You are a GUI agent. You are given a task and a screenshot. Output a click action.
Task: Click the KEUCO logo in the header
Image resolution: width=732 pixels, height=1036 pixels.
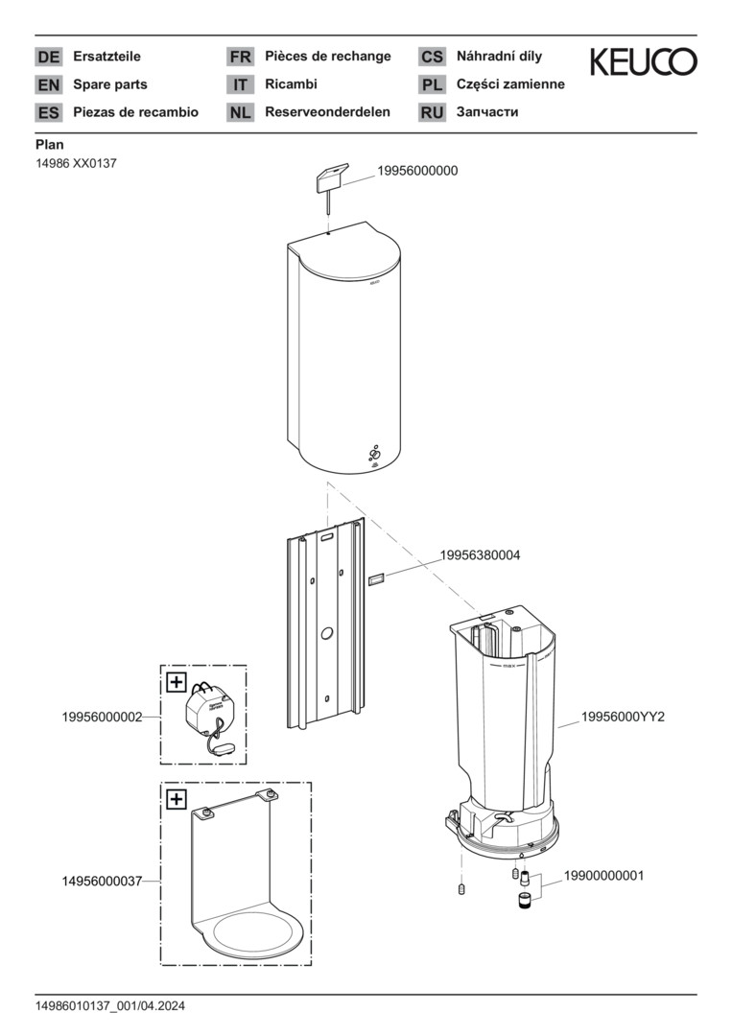643,61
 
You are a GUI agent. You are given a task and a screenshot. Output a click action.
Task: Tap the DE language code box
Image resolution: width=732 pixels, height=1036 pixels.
48,57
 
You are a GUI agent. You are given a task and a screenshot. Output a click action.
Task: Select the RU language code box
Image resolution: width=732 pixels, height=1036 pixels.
432,112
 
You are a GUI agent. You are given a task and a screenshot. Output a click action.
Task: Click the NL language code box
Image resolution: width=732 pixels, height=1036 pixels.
240,112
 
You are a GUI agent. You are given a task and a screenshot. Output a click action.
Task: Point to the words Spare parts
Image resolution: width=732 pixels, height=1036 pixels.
110,84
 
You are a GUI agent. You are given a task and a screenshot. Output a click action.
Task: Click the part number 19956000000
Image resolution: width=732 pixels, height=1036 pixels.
417,171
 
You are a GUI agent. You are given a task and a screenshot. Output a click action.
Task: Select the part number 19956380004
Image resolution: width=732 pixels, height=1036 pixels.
481,555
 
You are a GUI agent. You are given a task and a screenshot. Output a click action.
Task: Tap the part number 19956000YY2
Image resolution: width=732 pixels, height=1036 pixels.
623,717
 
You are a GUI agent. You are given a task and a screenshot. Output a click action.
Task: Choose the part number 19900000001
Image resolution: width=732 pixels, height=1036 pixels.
603,876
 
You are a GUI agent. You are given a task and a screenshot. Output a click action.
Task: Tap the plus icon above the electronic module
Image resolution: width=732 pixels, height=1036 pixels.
177,682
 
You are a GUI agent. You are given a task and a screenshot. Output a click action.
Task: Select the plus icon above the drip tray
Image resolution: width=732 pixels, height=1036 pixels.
177,799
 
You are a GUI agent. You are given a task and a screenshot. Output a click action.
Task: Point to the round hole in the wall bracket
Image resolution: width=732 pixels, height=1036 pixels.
326,634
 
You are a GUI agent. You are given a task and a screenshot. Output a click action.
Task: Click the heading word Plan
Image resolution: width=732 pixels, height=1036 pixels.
49,145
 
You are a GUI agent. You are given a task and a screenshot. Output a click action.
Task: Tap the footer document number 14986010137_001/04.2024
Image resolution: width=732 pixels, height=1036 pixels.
110,1006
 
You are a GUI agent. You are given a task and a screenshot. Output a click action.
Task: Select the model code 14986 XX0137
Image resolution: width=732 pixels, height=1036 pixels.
76,163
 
